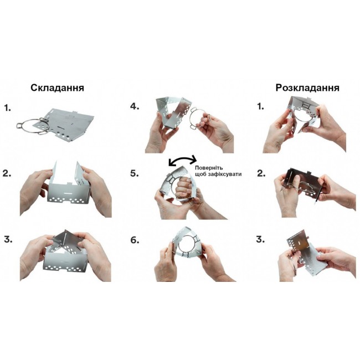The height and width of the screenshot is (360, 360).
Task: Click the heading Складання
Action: pyautogui.click(x=58, y=88)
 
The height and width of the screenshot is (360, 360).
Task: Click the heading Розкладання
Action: pyautogui.click(x=307, y=88)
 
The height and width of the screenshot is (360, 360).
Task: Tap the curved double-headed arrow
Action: pyautogui.click(x=183, y=160)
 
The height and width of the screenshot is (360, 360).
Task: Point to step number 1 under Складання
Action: pyautogui.click(x=8, y=108)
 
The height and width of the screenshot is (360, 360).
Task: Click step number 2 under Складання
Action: pyautogui.click(x=7, y=173)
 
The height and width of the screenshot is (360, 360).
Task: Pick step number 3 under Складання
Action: pyautogui.click(x=8, y=239)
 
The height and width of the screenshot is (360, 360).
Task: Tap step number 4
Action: pyautogui.click(x=135, y=106)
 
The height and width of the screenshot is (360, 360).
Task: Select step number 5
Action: pyautogui.click(x=135, y=173)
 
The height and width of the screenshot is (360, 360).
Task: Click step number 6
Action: pyautogui.click(x=135, y=240)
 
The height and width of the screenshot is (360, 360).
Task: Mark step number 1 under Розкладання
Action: pyautogui.click(x=261, y=106)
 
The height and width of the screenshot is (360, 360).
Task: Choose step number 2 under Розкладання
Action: pyautogui.click(x=261, y=173)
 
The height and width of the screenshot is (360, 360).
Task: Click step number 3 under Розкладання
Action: pyautogui.click(x=260, y=239)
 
